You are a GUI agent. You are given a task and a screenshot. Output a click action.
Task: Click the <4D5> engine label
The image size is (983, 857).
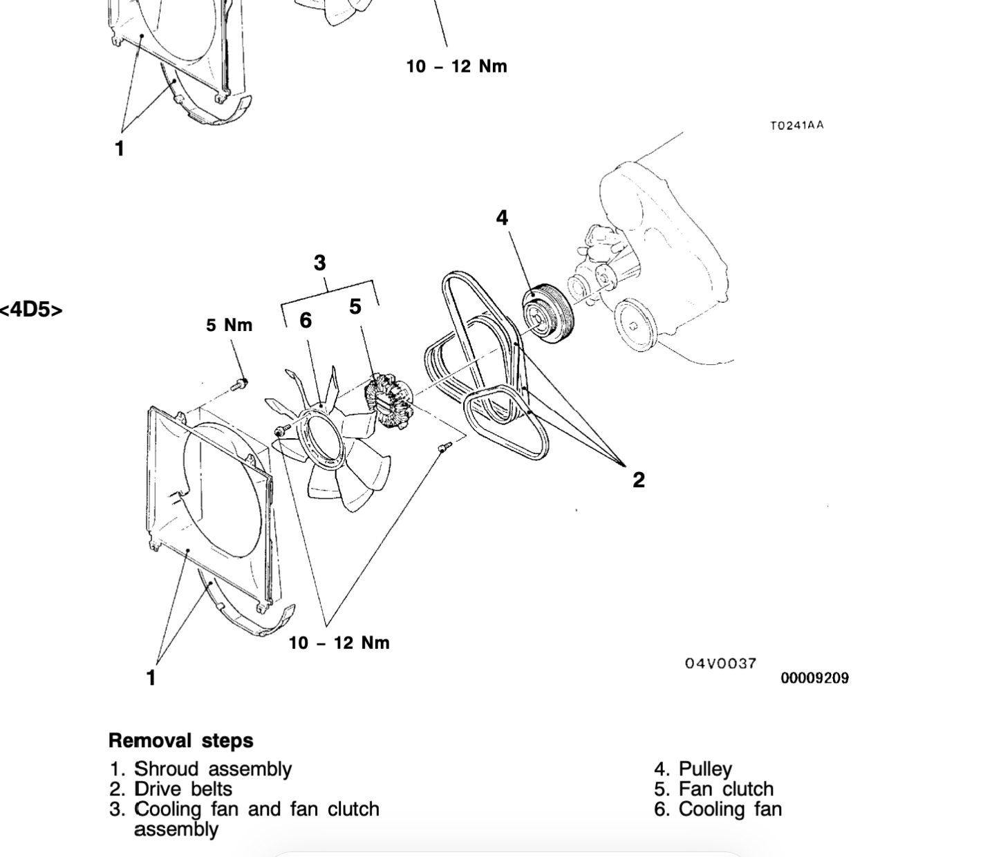click(31, 310)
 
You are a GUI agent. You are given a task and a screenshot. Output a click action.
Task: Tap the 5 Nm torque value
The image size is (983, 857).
click(230, 326)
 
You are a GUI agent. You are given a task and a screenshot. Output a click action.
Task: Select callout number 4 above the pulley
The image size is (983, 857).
click(502, 218)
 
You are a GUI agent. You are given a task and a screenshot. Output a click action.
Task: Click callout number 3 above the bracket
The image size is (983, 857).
click(320, 263)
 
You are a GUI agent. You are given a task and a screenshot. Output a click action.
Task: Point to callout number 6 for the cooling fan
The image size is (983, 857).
click(306, 321)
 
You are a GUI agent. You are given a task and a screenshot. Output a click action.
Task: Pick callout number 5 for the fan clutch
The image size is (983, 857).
click(355, 306)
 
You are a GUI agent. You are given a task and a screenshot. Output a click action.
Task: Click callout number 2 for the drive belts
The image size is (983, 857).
click(639, 480)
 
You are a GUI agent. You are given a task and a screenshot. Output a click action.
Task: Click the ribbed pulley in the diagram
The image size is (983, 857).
click(547, 313)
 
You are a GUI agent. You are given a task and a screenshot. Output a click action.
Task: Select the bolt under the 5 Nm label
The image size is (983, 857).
click(241, 384)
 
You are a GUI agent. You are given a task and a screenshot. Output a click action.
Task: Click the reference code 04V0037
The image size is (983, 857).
click(721, 664)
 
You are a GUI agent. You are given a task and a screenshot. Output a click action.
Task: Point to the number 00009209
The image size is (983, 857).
click(815, 678)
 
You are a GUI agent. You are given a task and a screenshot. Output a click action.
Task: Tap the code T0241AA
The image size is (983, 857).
click(797, 125)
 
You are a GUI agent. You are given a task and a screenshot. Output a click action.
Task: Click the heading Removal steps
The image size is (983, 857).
click(181, 741)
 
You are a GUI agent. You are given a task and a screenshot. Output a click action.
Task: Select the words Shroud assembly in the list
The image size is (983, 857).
click(214, 769)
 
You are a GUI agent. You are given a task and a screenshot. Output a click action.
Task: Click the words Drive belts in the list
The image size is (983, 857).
click(183, 789)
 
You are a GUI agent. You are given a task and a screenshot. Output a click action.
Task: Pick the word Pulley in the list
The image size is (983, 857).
click(705, 769)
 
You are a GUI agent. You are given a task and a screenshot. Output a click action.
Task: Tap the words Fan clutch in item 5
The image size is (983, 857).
click(726, 789)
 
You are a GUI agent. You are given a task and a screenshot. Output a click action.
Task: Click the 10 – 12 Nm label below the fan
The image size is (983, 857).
click(339, 643)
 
